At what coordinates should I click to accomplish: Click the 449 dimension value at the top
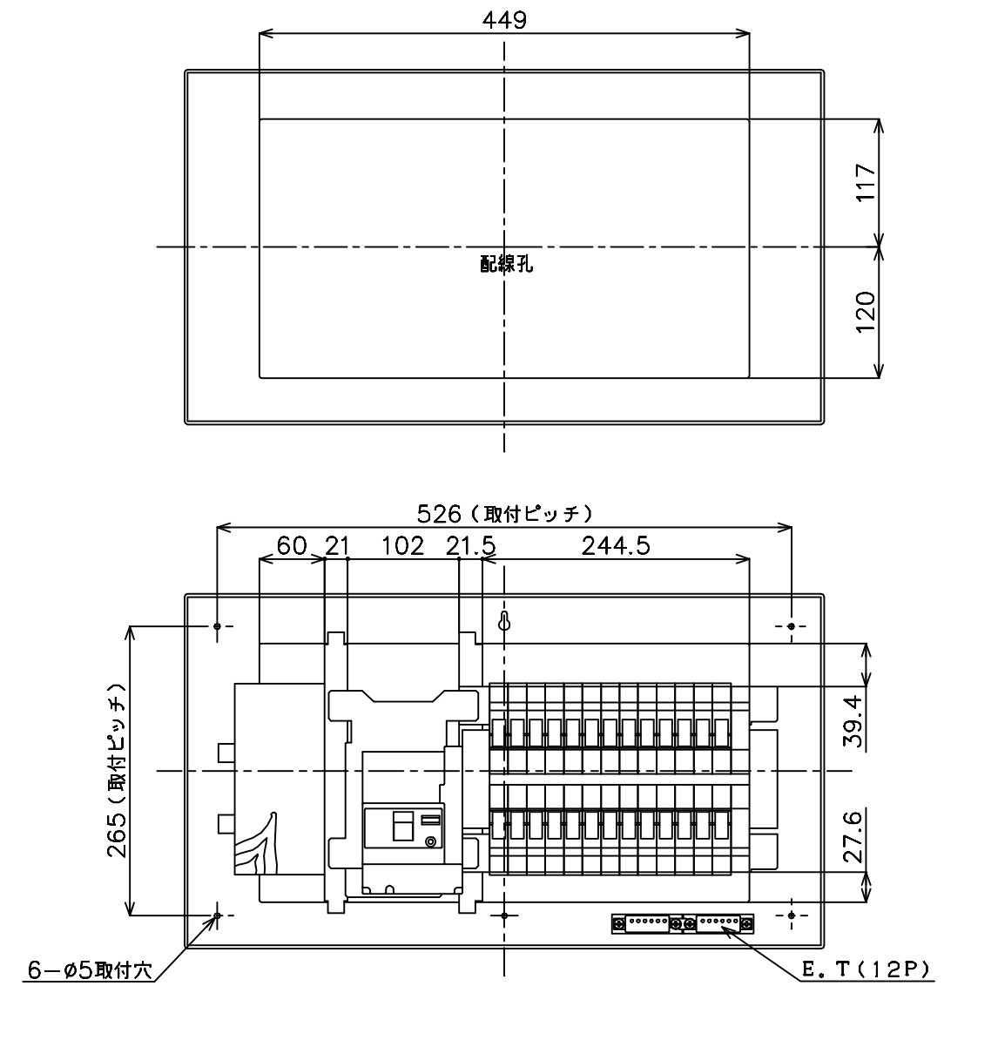(504, 20)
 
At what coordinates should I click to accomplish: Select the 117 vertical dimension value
(866, 182)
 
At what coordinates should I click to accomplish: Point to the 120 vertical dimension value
(866, 312)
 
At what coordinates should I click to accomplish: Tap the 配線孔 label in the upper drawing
(507, 264)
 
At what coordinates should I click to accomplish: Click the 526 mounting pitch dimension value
(438, 513)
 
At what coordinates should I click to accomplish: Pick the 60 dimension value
(292, 546)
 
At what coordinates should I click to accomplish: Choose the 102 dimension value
(402, 546)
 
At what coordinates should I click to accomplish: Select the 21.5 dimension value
(471, 546)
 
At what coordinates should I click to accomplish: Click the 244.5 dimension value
(616, 546)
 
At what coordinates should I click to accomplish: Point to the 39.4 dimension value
(853, 721)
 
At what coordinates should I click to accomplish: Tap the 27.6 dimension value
(853, 836)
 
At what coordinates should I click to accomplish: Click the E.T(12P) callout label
(866, 969)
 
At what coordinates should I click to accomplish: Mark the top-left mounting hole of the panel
(218, 626)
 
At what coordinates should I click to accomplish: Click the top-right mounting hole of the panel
(791, 626)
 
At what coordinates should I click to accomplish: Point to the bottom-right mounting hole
(791, 915)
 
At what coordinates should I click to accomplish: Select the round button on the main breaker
(431, 842)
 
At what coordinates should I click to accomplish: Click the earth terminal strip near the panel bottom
(683, 922)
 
